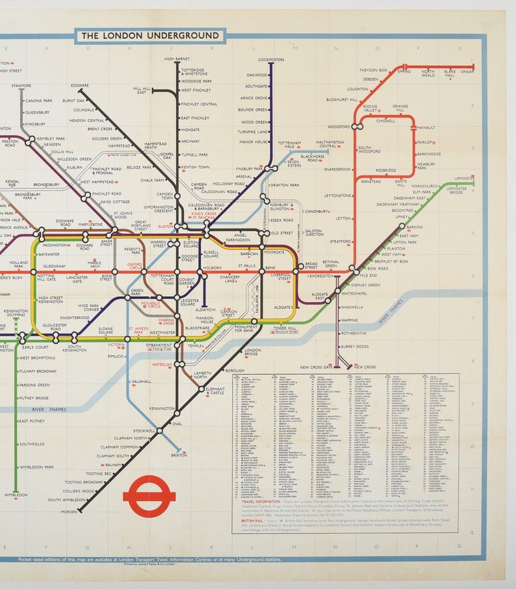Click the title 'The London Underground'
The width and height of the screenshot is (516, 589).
pos(150,36)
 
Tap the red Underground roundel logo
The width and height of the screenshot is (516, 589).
pos(149,497)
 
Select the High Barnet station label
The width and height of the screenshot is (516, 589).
pos(177,59)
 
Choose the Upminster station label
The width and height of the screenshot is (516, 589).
pos(464,178)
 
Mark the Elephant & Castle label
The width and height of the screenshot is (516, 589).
pos(215,391)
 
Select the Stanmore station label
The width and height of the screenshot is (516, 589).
pos(21,86)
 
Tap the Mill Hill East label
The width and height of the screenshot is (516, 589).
pos(142,90)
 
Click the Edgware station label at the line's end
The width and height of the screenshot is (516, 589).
pos(80,86)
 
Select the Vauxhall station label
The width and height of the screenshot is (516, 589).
pos(141,381)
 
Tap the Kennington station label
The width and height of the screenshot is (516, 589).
pos(162,408)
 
